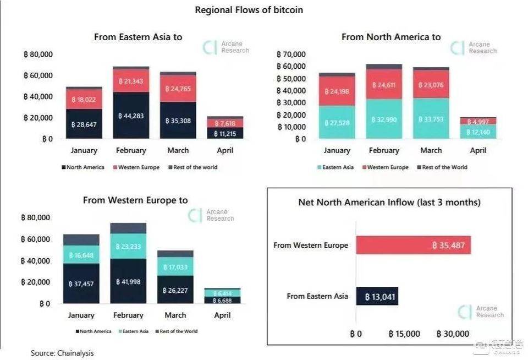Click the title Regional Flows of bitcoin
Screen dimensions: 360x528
[x=249, y=10]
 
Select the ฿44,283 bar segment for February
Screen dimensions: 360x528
[x=131, y=116]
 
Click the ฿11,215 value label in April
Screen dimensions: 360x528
[x=226, y=133]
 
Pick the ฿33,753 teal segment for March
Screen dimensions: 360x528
[x=431, y=118]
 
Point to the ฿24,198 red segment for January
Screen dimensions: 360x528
[x=337, y=91]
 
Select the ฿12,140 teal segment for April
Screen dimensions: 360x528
[x=479, y=132]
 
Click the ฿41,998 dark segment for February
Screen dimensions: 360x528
[x=128, y=281]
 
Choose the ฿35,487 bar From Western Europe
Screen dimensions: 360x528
[x=413, y=245]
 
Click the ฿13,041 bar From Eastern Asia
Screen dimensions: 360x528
[x=377, y=296]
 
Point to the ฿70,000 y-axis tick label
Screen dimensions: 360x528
[x=291, y=54]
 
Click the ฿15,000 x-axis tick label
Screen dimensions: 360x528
[x=404, y=334]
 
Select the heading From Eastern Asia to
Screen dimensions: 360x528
[x=138, y=37]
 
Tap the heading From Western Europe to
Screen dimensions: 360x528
[x=135, y=200]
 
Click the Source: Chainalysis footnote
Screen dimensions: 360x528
[x=62, y=353]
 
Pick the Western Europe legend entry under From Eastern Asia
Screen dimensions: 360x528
[x=137, y=167]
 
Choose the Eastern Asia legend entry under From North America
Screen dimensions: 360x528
[x=335, y=167]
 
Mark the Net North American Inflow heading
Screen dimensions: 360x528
[x=389, y=202]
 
